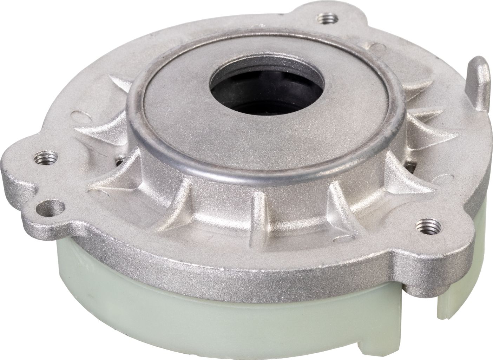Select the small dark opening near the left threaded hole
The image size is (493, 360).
pyautogui.click(x=119, y=162)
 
